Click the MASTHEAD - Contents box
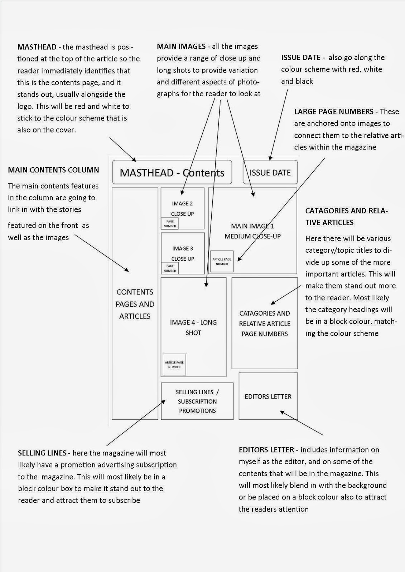tap(172, 173)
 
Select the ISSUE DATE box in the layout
tap(270, 173)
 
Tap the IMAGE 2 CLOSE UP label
tap(182, 208)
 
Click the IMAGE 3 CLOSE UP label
tap(182, 253)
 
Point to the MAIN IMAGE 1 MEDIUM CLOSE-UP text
tap(252, 231)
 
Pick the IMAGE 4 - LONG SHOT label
tap(193, 327)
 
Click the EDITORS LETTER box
tap(268, 396)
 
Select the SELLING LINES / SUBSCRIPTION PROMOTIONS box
tap(197, 401)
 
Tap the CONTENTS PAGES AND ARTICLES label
tap(135, 304)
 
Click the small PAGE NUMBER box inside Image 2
tap(170, 224)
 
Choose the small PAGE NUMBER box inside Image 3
tap(170, 268)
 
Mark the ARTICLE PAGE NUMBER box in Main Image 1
tap(222, 261)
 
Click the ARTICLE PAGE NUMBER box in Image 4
tap(174, 365)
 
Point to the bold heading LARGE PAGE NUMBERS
tap(334, 112)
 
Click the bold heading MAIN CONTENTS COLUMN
tap(53, 170)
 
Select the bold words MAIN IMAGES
tap(181, 46)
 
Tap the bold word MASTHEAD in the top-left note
tap(37, 47)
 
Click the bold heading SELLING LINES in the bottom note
tap(42, 453)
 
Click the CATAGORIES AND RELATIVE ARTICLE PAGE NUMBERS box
tap(265, 324)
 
